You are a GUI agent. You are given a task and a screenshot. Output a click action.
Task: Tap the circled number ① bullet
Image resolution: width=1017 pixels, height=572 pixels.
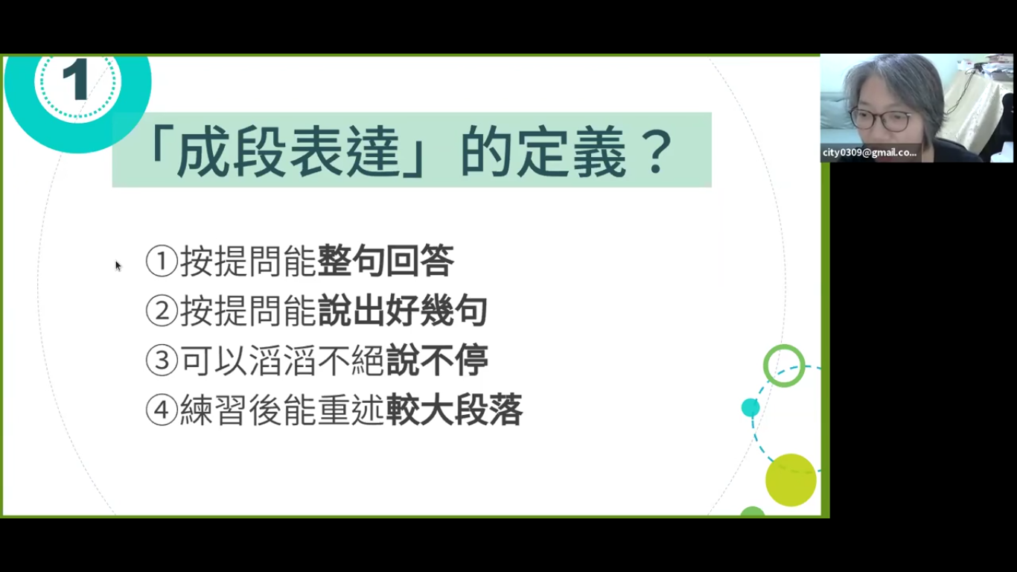(x=161, y=261)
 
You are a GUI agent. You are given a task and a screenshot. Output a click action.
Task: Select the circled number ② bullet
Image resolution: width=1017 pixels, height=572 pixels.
(x=161, y=311)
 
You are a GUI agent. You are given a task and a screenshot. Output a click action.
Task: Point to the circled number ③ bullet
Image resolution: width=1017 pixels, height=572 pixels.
(x=161, y=360)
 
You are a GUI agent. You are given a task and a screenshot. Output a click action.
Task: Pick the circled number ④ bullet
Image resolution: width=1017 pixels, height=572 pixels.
(x=161, y=410)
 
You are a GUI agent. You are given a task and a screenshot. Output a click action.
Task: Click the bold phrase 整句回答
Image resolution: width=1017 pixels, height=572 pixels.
(x=386, y=261)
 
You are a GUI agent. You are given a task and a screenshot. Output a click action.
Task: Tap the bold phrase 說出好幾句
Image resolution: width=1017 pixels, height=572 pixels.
(x=403, y=311)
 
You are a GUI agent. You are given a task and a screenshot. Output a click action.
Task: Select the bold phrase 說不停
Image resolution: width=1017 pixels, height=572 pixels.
(x=437, y=360)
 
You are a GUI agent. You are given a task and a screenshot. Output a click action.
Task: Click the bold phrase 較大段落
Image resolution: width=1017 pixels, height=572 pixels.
(x=454, y=410)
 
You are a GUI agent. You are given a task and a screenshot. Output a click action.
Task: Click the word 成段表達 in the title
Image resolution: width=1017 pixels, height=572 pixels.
(x=287, y=152)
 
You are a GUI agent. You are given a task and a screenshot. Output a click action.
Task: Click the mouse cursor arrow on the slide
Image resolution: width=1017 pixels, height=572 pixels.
(x=118, y=266)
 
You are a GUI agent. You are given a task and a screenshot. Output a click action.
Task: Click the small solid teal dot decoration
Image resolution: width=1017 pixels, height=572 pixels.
(x=750, y=407)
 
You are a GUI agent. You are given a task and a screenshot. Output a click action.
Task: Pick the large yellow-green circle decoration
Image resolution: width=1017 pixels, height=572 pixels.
(x=791, y=480)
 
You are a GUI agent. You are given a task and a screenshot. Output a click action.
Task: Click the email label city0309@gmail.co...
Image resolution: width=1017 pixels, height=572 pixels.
(x=870, y=153)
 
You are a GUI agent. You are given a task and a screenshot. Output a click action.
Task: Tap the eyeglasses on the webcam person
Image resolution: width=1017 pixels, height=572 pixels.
(x=880, y=120)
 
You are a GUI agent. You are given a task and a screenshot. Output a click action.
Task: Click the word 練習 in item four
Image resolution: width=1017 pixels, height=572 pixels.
(x=214, y=410)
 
